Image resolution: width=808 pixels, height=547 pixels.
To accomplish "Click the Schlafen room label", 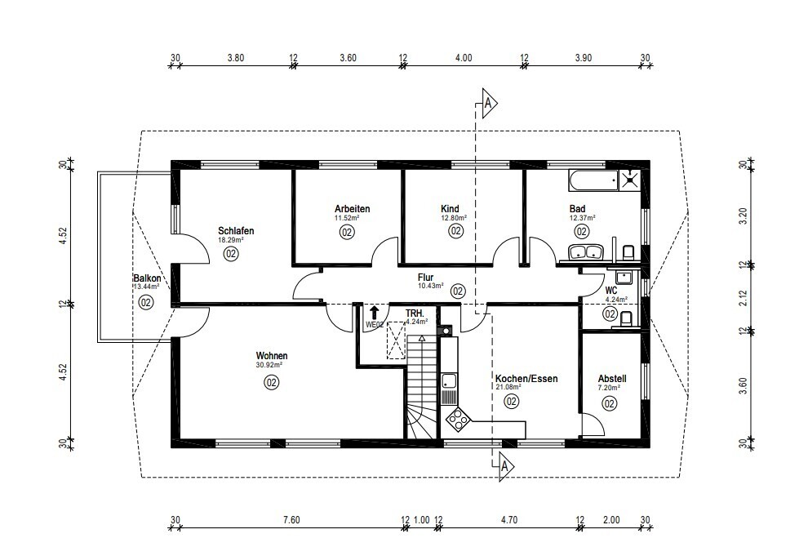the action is point(236,231).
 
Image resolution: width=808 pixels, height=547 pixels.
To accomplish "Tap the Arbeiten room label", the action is point(352,209).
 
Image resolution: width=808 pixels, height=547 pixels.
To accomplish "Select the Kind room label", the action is point(450,209).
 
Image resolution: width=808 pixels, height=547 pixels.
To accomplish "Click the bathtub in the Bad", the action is point(593,180).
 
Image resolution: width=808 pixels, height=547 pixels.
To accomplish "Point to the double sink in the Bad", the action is point(586,252).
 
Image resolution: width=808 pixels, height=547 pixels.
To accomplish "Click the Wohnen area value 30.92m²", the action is point(269,365).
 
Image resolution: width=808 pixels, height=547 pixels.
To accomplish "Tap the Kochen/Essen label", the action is point(526,379).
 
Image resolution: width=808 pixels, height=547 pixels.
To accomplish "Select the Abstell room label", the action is point(611,379).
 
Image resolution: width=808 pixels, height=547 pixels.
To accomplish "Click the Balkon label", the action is point(147,278).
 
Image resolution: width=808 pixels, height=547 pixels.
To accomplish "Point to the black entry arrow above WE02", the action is point(374,313).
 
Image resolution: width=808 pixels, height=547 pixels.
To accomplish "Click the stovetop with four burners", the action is point(457,419).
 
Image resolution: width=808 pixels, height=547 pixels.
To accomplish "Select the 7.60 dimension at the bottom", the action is point(291,520).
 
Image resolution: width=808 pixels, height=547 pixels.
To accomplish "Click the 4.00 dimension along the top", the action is point(464,58).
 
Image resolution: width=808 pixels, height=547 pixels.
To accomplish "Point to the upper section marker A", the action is point(490,104).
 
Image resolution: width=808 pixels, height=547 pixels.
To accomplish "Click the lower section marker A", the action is point(506,466).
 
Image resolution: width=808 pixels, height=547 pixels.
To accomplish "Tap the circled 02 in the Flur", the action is point(458,291).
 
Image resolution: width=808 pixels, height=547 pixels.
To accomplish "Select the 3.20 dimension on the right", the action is point(743,216).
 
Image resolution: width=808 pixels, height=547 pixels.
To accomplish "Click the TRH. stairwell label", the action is point(415,314).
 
